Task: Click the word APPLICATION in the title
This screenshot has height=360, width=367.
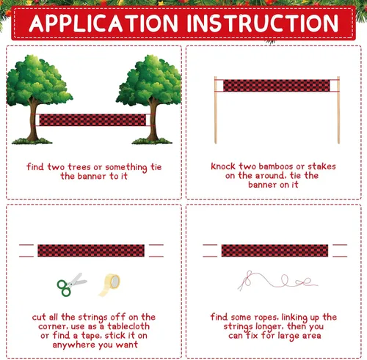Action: pyautogui.click(x=103, y=23)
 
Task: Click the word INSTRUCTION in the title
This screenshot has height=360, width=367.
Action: pyautogui.click(x=263, y=23)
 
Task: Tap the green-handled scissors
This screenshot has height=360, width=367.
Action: pyautogui.click(x=71, y=284)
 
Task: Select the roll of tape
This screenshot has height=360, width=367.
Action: pyautogui.click(x=110, y=284)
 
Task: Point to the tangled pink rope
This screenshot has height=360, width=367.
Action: pyautogui.click(x=277, y=281)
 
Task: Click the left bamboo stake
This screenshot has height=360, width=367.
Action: pyautogui.click(x=216, y=110)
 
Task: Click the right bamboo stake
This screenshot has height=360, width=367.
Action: pyautogui.click(x=338, y=110)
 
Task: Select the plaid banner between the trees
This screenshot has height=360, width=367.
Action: pyautogui.click(x=92, y=120)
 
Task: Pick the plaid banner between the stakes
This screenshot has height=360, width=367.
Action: pyautogui.click(x=277, y=86)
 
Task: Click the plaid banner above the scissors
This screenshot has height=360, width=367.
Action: pyautogui.click(x=91, y=251)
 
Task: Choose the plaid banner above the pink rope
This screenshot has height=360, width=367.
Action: pyautogui.click(x=275, y=251)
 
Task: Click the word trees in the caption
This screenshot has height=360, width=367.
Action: pyautogui.click(x=79, y=167)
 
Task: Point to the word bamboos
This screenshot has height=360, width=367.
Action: pyautogui.click(x=276, y=166)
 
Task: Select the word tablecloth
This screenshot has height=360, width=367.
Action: pyautogui.click(x=128, y=326)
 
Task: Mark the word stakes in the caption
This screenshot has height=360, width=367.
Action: pyautogui.click(x=321, y=166)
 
